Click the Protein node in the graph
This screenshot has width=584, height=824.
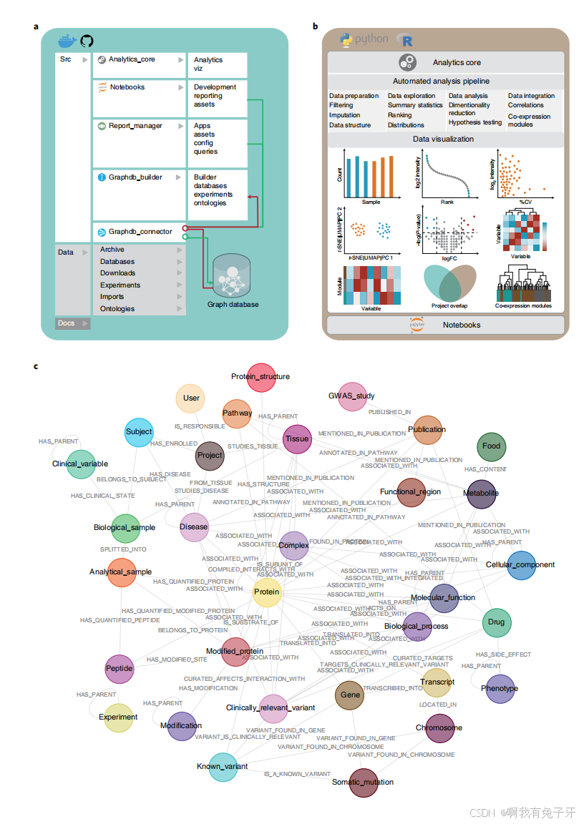coord(267,592)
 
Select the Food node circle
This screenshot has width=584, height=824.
coord(491,446)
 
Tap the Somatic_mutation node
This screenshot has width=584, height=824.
coord(363,781)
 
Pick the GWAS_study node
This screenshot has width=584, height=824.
coord(351,396)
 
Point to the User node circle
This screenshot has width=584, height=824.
coord(191,398)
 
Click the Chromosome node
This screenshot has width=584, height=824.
coord(439,728)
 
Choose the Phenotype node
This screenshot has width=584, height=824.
coord(500,688)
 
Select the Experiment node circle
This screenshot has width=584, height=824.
coord(119,717)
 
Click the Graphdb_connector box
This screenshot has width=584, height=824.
coord(139,232)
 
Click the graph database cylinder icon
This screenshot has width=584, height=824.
coord(233,274)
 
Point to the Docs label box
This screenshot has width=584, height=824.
coord(72,323)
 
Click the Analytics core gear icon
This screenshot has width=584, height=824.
coord(407,62)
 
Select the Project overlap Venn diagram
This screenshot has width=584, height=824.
coord(449,284)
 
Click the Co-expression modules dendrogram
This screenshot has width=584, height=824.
coord(523,285)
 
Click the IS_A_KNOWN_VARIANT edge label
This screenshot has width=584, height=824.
coord(297,774)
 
